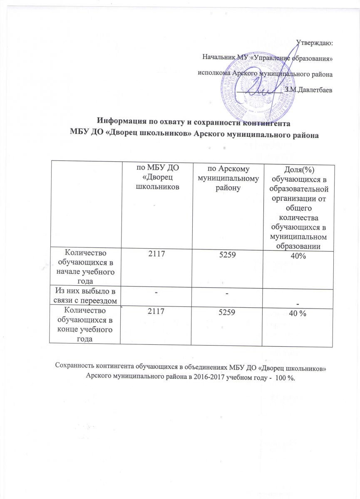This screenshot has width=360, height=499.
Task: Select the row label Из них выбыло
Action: pyautogui.click(x=85, y=294)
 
